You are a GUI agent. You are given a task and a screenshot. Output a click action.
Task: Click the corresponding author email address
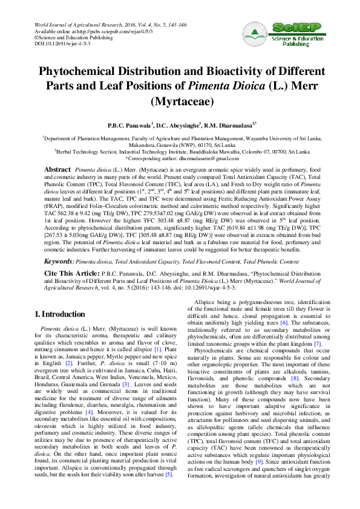pos(205,158)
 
